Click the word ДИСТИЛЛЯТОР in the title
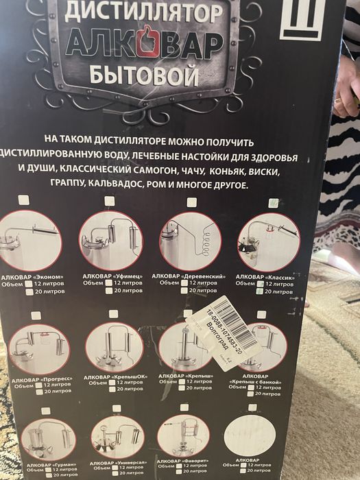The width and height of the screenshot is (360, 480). tap(143, 11)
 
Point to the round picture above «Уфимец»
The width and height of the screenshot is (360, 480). tap(110, 240)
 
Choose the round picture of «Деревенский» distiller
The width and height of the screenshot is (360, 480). tap(191, 240)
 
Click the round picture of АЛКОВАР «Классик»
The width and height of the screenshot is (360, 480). tap(267, 241)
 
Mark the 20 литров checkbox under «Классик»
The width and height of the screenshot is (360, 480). tap(259, 291)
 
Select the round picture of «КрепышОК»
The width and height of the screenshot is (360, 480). tap(115, 347)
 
